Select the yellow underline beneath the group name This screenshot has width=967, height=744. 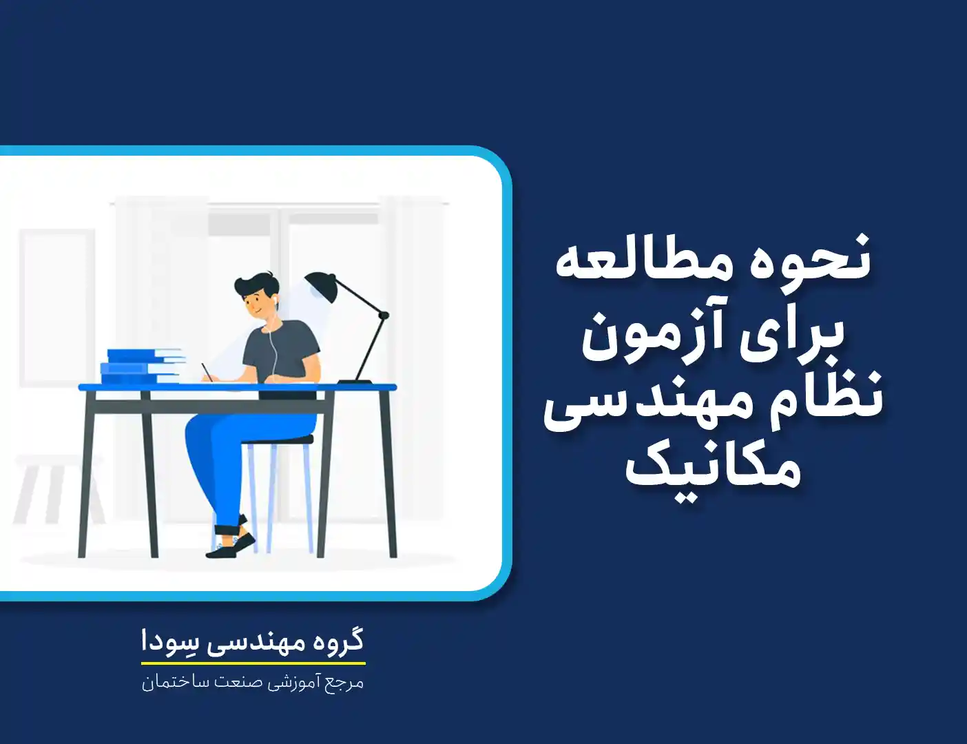pos(253,663)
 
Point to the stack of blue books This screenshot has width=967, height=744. pos(143,366)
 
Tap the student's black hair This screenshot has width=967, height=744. pos(254,285)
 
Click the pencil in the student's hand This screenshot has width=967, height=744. pos(206,372)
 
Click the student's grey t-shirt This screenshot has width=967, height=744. pos(282,352)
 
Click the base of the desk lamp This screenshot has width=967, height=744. pos(355,382)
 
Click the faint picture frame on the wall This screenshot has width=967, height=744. pos(56,308)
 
